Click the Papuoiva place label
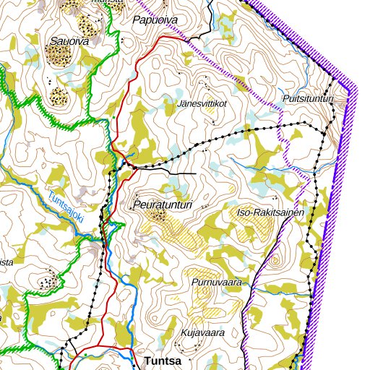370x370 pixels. (152, 20)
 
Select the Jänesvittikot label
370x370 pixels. (202, 103)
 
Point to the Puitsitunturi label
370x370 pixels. (309, 98)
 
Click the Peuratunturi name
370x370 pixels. (163, 206)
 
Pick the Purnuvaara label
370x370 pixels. (216, 282)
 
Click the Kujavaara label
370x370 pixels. (203, 332)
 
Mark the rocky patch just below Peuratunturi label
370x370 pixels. (158, 215)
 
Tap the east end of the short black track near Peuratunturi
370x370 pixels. (196, 174)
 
